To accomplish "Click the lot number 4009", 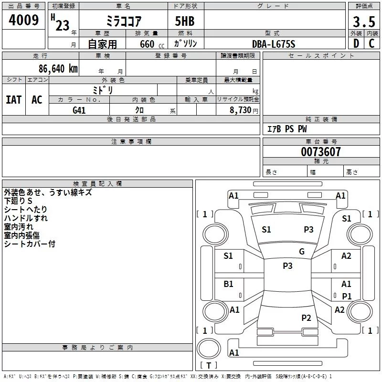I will [23, 21].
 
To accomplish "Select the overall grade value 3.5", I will [363, 22].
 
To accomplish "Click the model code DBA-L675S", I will [274, 44].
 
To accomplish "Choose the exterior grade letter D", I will [356, 44].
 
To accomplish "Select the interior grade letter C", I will [371, 44].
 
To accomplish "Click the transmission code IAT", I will [13, 99].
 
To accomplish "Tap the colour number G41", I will [79, 110].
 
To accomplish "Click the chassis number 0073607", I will [321, 152].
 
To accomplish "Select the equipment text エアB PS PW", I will [286, 129].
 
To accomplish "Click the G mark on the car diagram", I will [302, 252].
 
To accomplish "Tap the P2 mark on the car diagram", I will [306, 318].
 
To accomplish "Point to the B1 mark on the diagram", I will [229, 284].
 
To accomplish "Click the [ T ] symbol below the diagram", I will [208, 365].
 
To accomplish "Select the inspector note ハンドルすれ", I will [26, 218].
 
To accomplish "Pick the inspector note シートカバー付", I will [30, 244].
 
